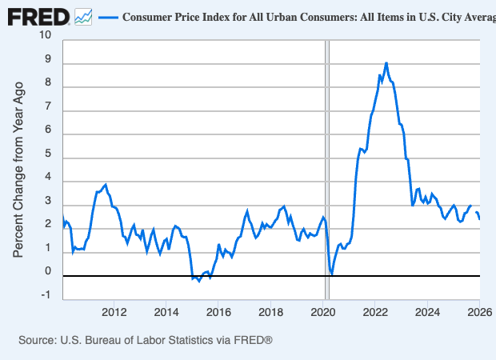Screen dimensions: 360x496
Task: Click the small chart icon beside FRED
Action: click(x=82, y=16)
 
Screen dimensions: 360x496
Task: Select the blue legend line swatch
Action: click(x=108, y=17)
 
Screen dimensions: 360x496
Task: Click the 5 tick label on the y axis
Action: click(x=47, y=154)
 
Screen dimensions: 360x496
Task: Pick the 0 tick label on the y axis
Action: click(x=47, y=272)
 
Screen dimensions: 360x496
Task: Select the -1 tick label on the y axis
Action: click(x=46, y=295)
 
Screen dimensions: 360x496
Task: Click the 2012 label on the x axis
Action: click(x=114, y=311)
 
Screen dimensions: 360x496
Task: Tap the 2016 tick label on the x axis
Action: click(x=218, y=311)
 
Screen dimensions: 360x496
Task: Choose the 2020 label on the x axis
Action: click(x=323, y=311)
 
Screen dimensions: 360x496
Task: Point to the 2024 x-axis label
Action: click(x=427, y=311)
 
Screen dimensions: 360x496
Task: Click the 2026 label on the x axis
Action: click(x=478, y=311)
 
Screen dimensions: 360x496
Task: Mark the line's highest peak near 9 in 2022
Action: click(x=386, y=62)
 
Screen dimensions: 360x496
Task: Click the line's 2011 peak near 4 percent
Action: click(x=106, y=184)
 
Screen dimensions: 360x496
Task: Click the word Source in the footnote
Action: click(x=38, y=341)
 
